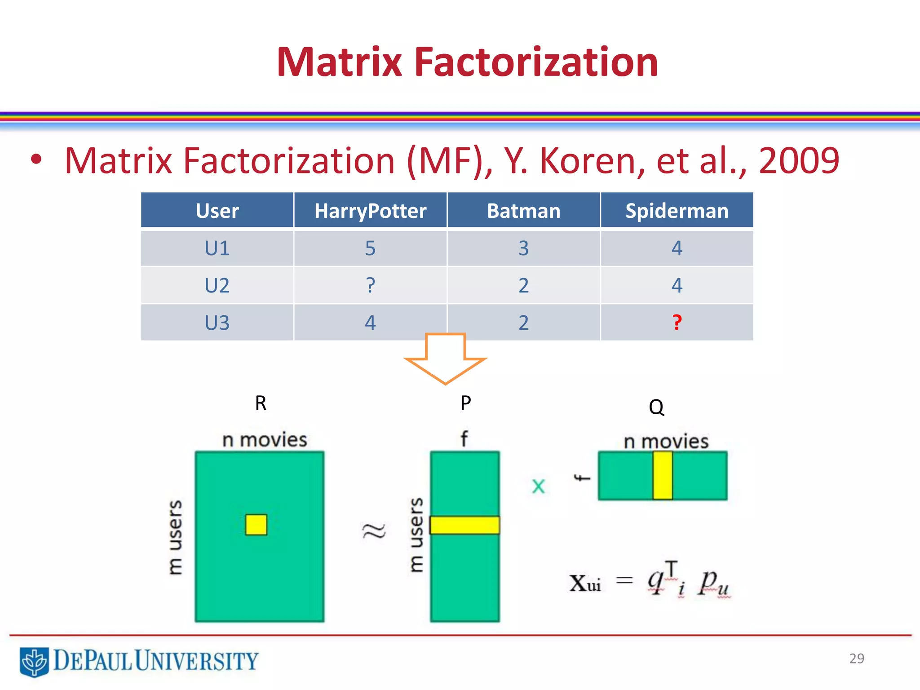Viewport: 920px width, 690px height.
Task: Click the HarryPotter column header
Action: point(370,211)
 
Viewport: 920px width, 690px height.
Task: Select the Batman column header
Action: point(523,211)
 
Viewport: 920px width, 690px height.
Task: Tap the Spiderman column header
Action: point(677,211)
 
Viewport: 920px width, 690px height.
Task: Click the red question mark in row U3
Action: point(677,323)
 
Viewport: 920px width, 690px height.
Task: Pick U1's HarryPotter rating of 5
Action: point(370,248)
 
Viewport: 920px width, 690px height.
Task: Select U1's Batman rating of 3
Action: point(523,248)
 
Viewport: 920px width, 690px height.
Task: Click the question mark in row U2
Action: point(370,285)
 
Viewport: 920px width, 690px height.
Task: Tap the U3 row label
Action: point(217,323)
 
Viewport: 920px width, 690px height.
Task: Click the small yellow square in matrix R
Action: point(256,525)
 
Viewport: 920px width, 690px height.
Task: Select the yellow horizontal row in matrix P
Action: point(464,525)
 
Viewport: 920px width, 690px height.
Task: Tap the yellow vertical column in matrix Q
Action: point(663,476)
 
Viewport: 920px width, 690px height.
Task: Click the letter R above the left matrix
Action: point(261,403)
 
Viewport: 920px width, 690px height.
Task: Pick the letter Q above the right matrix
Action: point(656,407)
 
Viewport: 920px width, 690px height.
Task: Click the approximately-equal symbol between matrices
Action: point(374,531)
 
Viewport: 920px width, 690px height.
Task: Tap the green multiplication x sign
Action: point(538,487)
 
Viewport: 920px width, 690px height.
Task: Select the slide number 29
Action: point(857,658)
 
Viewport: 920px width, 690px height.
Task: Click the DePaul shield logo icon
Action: point(34,661)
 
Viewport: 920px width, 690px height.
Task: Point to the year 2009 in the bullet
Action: point(799,160)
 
